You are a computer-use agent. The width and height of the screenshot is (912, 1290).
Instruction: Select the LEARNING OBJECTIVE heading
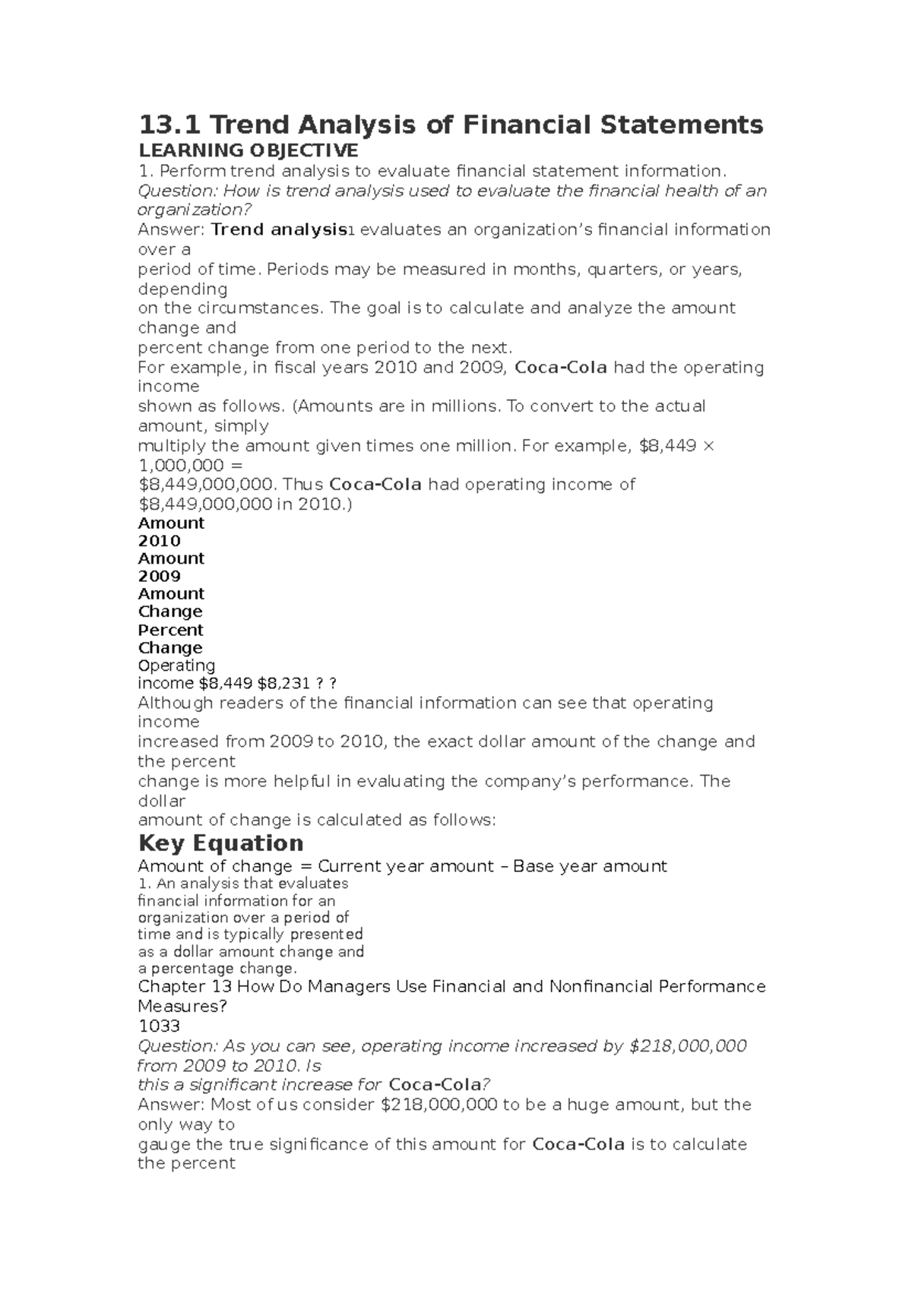click(247, 150)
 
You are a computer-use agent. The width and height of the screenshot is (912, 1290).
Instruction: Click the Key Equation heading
click(220, 843)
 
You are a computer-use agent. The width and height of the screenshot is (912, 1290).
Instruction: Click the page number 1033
click(159, 1026)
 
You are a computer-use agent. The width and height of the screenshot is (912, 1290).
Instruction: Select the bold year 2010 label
click(159, 541)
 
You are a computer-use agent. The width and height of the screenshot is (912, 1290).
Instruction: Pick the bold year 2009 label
click(159, 576)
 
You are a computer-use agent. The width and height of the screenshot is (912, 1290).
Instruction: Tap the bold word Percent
click(170, 630)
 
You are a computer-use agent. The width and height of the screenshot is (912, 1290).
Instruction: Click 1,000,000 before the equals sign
click(181, 465)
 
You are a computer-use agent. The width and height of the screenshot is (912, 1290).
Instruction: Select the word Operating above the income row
click(176, 666)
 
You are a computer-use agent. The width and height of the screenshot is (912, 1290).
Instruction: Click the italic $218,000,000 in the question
click(689, 1046)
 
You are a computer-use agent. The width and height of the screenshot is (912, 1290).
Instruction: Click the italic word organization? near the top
click(194, 210)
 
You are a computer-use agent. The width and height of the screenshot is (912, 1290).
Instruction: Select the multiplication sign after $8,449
click(709, 446)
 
